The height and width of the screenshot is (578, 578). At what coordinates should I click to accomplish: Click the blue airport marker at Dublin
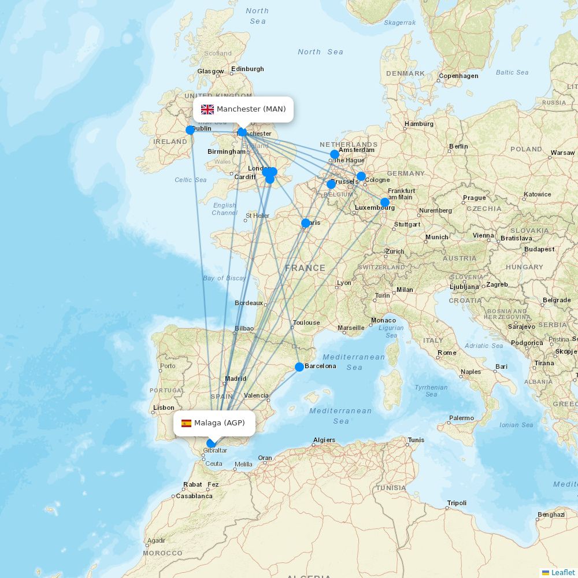click(190, 130)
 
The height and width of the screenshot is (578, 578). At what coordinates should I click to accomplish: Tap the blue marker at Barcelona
click(299, 367)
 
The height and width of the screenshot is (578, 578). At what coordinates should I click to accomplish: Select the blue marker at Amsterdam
click(335, 154)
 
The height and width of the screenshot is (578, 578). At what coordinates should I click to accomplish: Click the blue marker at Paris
click(306, 223)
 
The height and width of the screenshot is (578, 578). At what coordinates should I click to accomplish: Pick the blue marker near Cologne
click(361, 176)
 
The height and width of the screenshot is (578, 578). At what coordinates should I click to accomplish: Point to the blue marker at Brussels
click(331, 184)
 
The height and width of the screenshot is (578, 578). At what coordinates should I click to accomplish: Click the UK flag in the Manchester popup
click(208, 109)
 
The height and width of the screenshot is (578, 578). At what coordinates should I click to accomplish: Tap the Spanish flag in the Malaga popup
click(186, 423)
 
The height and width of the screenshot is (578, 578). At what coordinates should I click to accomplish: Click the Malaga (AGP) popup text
click(220, 423)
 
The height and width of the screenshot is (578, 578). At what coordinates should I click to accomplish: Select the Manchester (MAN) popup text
click(251, 109)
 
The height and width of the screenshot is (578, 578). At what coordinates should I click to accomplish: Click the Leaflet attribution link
click(562, 572)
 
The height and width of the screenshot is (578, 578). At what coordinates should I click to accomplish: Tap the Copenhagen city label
click(459, 76)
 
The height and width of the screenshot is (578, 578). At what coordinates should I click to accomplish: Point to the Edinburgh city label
click(247, 69)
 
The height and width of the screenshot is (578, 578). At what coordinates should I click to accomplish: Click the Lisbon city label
click(164, 407)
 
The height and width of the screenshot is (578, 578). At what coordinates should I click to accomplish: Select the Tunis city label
click(416, 440)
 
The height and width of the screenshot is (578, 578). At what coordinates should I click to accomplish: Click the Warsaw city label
click(562, 153)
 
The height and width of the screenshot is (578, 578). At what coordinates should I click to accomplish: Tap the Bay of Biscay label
click(224, 278)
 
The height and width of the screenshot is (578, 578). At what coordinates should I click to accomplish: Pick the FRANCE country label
click(305, 268)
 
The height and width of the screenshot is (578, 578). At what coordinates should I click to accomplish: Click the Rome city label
click(447, 353)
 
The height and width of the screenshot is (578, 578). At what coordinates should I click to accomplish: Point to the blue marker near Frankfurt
click(385, 202)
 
